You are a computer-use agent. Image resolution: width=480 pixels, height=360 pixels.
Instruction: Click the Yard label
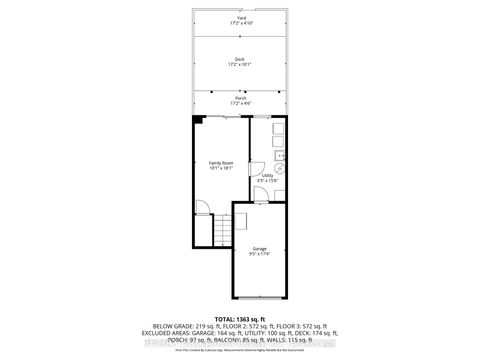point(240,17)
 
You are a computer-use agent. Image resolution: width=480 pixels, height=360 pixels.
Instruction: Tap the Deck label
point(240,59)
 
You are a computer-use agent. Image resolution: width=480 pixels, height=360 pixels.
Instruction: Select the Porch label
point(240,98)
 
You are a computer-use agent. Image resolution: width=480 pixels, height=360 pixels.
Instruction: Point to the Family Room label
point(221,163)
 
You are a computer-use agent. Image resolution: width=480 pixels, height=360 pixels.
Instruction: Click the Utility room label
point(267,175)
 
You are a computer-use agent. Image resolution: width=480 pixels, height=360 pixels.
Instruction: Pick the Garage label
point(260,248)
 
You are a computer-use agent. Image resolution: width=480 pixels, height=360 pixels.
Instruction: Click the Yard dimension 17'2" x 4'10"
point(240,23)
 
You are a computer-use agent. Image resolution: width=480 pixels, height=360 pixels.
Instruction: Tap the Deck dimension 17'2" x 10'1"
point(240,65)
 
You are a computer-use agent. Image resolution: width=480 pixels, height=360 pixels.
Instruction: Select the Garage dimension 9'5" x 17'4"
point(260,254)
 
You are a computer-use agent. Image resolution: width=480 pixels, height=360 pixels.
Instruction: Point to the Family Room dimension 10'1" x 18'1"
point(221,169)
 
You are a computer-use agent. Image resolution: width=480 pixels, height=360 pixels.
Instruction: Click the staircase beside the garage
point(221,236)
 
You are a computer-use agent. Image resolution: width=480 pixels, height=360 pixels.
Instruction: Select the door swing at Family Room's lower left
point(202,207)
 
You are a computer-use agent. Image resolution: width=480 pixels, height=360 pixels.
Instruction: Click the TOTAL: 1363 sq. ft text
point(240,318)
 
